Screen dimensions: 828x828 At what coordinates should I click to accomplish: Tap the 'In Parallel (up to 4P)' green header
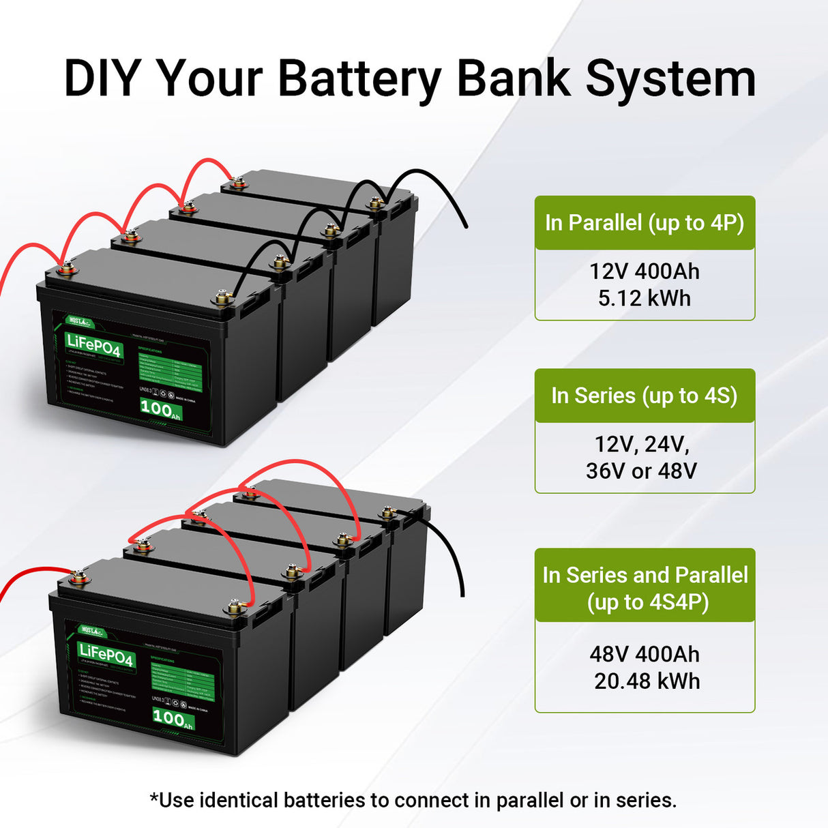point(645,223)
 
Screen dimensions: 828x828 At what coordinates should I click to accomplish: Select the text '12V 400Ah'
point(645,271)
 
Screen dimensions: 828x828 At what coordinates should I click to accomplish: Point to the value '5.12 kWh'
point(645,299)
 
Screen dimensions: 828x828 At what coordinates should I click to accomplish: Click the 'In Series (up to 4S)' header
point(645,396)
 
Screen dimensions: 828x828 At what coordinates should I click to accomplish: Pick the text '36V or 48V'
point(641,471)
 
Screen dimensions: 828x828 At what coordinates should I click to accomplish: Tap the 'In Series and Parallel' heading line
point(645,575)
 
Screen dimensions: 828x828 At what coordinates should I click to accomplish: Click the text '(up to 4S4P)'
point(647,602)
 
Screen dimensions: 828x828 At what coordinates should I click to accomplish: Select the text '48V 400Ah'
point(645,654)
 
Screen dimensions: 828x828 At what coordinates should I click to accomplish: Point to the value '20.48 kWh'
point(647,681)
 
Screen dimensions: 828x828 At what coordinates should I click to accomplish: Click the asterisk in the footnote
point(154,797)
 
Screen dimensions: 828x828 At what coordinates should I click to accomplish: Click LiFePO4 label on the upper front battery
point(94,345)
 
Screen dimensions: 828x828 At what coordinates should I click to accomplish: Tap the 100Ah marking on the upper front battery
point(160,409)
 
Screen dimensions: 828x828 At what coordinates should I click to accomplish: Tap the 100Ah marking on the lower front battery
point(172,718)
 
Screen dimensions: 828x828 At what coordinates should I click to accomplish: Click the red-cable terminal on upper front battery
point(66,268)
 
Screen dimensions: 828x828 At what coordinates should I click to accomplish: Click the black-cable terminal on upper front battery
point(222,298)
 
